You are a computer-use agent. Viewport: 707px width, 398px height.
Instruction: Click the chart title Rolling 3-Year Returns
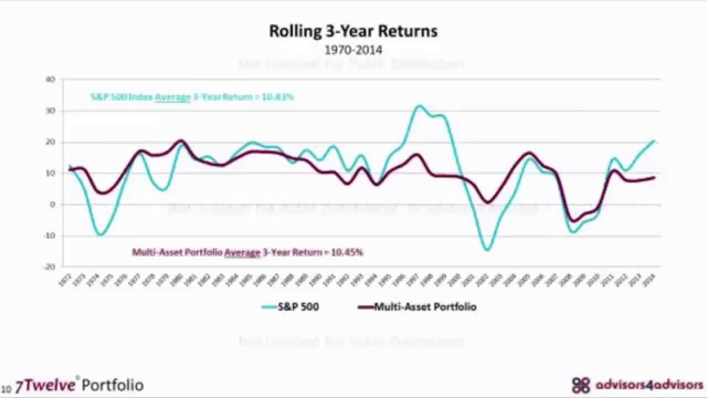(x=353, y=31)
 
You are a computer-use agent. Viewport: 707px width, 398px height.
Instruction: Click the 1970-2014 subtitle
(x=353, y=50)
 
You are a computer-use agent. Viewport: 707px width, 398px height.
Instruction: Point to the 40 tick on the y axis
(x=51, y=80)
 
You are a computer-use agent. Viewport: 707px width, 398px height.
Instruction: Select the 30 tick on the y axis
(x=51, y=111)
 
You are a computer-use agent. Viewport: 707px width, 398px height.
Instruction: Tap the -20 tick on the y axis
(x=50, y=267)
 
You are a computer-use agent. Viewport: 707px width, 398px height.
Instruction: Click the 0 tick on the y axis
(x=53, y=205)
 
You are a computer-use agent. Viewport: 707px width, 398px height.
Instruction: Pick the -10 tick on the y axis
(x=50, y=236)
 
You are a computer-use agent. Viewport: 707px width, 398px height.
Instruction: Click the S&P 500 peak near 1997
(x=419, y=106)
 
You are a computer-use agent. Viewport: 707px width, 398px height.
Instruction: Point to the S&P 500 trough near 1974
(x=100, y=235)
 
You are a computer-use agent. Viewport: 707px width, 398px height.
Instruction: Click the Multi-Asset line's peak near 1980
(x=181, y=140)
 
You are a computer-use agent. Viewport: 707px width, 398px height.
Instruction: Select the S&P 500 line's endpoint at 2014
(x=655, y=140)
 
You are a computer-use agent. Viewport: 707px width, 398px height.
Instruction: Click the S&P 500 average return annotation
(x=192, y=97)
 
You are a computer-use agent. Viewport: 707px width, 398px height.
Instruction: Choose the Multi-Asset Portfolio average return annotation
(x=247, y=252)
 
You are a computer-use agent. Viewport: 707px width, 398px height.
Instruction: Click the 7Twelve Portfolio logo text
(x=80, y=385)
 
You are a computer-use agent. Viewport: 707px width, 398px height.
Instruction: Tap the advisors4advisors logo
(x=638, y=385)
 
